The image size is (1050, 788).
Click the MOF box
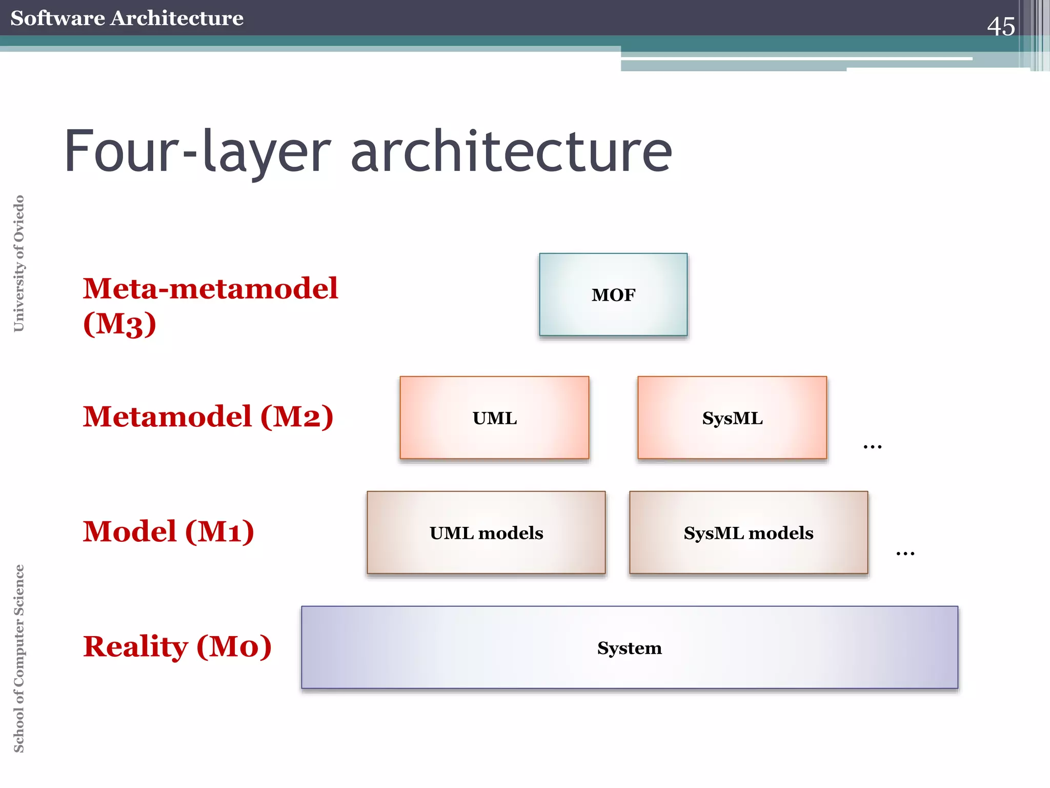(x=613, y=294)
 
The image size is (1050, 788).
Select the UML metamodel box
(x=494, y=418)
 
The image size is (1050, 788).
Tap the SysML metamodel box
(x=732, y=418)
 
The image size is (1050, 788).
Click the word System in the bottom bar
(x=630, y=648)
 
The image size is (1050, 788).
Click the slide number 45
(x=1000, y=26)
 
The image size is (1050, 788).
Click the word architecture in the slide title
(x=511, y=152)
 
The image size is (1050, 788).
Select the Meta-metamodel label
(x=210, y=288)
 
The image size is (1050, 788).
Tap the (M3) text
(x=119, y=324)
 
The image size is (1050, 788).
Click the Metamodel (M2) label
(x=208, y=416)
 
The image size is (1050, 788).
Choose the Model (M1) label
(x=169, y=531)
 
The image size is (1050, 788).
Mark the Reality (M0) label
(x=177, y=646)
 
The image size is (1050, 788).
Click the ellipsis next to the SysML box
(x=872, y=447)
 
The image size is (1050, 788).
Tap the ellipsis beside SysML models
(x=905, y=553)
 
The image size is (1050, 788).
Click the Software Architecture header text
(x=127, y=18)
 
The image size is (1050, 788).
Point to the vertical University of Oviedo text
(x=19, y=263)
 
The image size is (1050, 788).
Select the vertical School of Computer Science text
(x=19, y=658)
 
